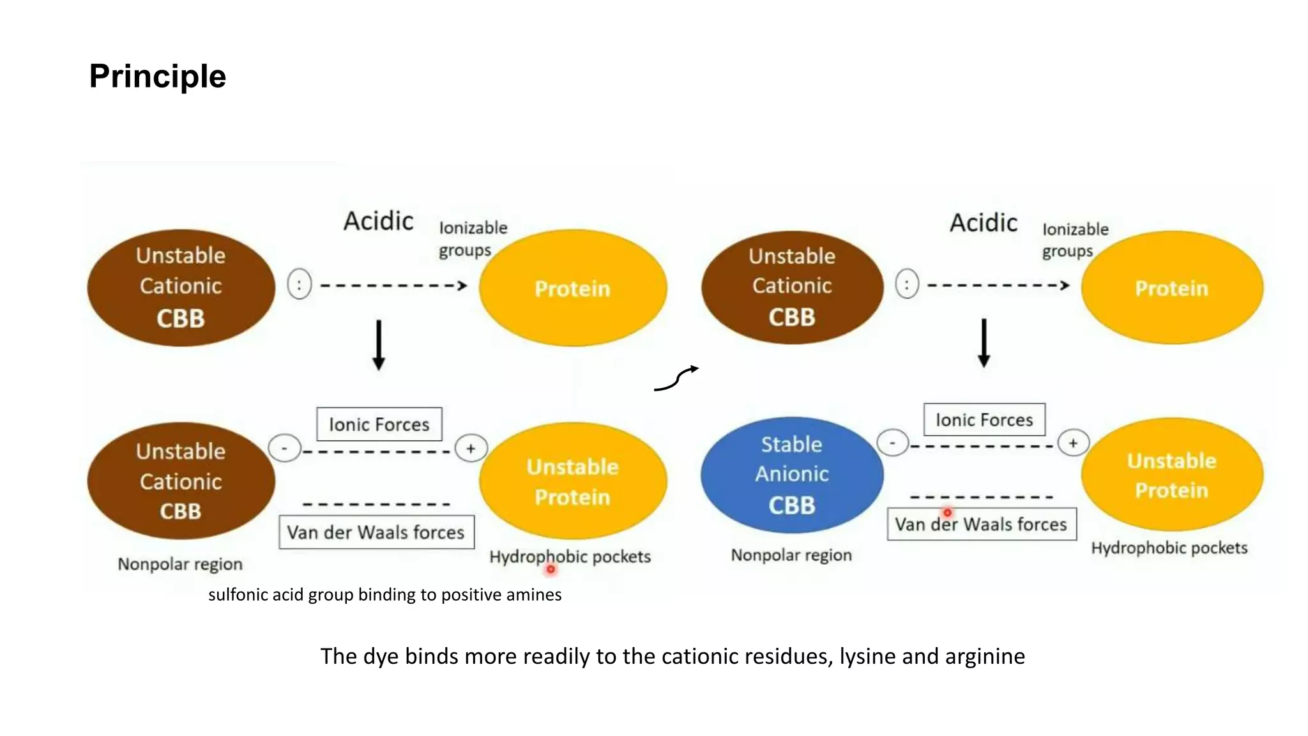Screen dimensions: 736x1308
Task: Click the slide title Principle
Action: pos(157,76)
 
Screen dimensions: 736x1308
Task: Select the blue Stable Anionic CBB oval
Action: pos(791,475)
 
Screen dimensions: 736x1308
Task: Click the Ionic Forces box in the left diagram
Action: pos(379,424)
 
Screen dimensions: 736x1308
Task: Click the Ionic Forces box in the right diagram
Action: pos(984,420)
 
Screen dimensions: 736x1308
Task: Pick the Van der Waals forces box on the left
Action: pos(376,532)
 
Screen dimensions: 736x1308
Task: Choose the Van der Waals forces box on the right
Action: pos(981,525)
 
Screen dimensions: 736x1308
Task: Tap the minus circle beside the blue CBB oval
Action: pos(892,442)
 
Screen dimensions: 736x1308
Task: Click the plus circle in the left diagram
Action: pos(471,448)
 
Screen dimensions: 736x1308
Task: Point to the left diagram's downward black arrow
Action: pos(379,345)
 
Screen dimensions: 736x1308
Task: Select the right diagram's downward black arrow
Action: pos(984,343)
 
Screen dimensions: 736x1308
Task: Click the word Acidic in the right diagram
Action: pos(983,223)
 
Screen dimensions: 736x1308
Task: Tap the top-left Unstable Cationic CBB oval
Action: pos(181,287)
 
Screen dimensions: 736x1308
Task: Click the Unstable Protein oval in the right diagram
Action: pos(1171,475)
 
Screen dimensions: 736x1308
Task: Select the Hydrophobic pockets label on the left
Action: pos(570,556)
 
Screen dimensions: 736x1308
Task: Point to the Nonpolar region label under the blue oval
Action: pos(791,555)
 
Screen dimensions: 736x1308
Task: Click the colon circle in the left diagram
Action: pos(299,284)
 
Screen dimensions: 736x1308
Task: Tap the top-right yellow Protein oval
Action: pos(1171,287)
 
